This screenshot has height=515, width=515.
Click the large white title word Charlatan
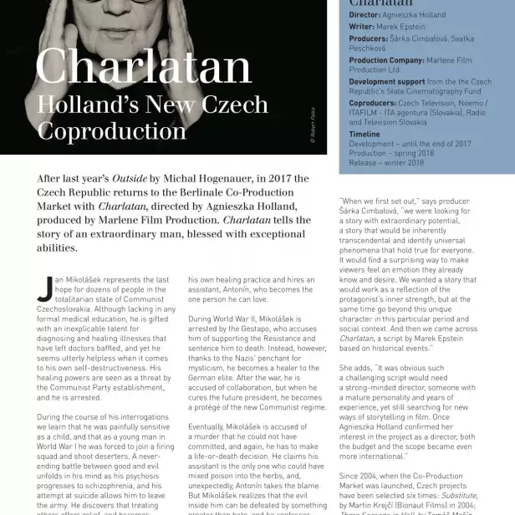click(x=143, y=68)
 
